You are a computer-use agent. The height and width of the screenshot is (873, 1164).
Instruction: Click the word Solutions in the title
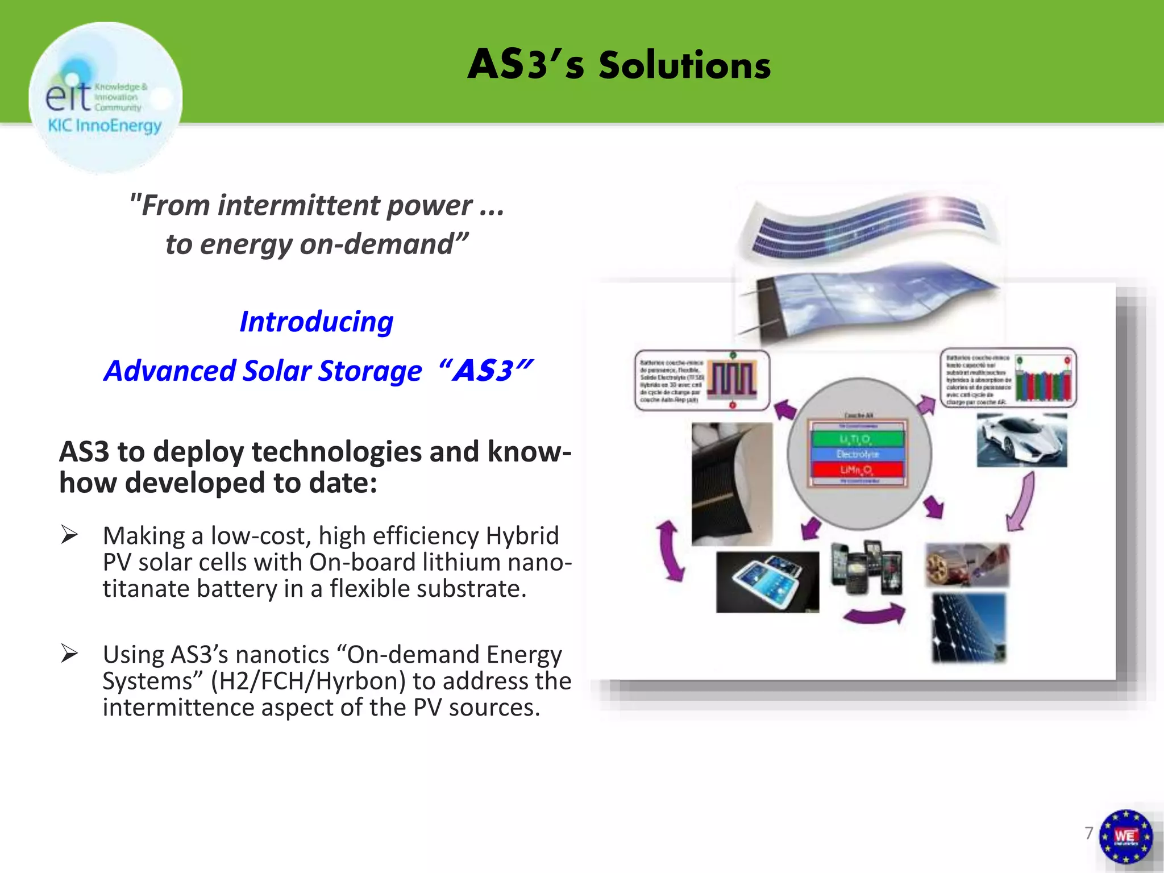(x=684, y=65)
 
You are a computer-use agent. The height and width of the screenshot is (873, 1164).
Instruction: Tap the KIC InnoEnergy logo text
(x=105, y=125)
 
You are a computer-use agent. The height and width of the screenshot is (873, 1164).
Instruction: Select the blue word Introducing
(x=316, y=322)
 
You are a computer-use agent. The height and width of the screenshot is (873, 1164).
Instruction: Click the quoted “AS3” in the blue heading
(x=486, y=371)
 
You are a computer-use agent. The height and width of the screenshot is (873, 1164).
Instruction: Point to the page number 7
(x=1088, y=833)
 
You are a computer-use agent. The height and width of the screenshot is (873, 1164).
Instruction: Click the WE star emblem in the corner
(x=1125, y=836)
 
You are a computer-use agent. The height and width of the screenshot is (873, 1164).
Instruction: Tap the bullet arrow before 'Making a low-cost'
(x=69, y=535)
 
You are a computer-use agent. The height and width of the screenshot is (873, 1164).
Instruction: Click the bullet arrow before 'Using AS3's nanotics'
(x=69, y=654)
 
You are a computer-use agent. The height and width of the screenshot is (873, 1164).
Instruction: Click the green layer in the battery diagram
(x=857, y=439)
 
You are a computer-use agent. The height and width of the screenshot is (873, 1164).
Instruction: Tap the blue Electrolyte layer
(x=857, y=454)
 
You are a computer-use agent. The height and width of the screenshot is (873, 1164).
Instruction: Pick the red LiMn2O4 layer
(x=857, y=469)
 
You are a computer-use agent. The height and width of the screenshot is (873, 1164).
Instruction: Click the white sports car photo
(x=1021, y=440)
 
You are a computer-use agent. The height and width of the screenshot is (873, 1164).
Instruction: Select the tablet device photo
(x=767, y=581)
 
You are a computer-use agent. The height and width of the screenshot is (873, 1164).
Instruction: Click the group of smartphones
(x=866, y=568)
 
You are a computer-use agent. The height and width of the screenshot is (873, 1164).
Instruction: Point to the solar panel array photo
(x=968, y=627)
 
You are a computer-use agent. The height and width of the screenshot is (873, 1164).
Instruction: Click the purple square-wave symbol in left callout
(x=733, y=379)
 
